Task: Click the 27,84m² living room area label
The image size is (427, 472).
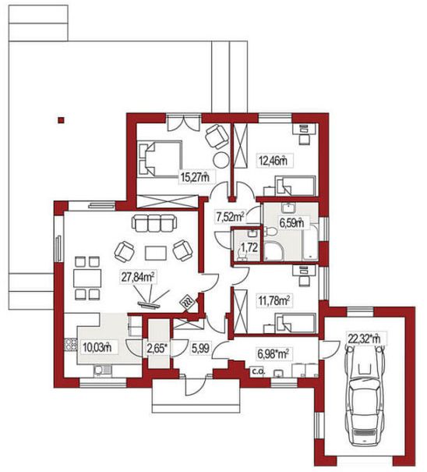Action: pos(139,277)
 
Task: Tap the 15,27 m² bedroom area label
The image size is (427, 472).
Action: pos(195,176)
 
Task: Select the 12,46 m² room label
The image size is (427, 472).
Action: pos(273,161)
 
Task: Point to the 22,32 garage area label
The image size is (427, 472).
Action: pos(364,339)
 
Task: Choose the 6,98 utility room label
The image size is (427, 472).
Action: pos(273,354)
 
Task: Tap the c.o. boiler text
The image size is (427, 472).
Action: pos(258,371)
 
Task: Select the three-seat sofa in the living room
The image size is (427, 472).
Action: pos(154,223)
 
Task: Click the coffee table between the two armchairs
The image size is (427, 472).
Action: pos(156,253)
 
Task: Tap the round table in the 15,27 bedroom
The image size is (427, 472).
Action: pos(222,160)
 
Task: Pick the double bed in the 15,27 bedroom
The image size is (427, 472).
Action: pos(160,159)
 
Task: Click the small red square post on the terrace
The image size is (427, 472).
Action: pos(61,120)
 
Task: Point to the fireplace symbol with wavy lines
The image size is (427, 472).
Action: pos(188,301)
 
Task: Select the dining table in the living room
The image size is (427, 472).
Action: pos(87,279)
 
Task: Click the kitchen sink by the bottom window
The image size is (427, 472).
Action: pos(103,370)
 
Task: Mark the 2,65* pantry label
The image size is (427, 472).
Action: pos(157,349)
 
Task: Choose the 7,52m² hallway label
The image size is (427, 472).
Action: pos(231,216)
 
